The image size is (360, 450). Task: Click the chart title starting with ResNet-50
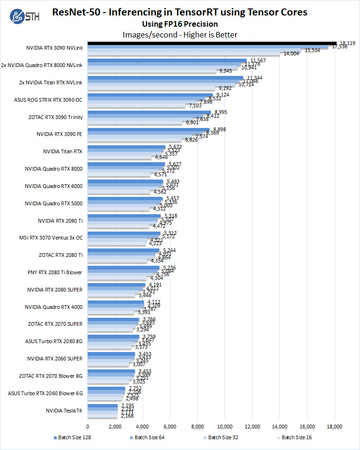click(x=180, y=12)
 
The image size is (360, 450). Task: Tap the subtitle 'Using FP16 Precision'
click(x=180, y=24)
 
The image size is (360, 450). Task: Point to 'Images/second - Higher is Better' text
click(x=180, y=35)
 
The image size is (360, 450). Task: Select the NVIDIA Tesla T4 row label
click(x=64, y=411)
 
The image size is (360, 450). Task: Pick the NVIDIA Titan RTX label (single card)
click(x=62, y=151)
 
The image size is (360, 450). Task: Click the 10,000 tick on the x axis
click(x=225, y=426)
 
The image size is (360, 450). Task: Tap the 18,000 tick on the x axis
click(x=335, y=426)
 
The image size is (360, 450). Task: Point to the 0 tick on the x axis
click(x=88, y=426)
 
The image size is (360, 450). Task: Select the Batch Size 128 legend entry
click(x=73, y=437)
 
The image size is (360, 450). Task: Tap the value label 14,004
click(x=291, y=54)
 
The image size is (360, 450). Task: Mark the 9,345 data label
click(x=225, y=71)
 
